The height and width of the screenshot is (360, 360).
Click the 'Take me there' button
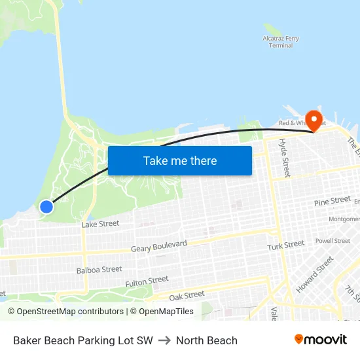click(x=180, y=160)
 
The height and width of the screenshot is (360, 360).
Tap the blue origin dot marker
click(x=46, y=207)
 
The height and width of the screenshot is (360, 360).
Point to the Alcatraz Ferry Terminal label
click(x=281, y=42)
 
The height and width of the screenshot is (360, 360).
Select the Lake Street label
click(x=100, y=224)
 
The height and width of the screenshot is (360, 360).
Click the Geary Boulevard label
click(x=158, y=246)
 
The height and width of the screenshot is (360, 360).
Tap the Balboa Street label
click(x=99, y=269)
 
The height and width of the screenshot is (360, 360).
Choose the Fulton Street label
click(x=147, y=282)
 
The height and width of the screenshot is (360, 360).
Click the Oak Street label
click(x=187, y=296)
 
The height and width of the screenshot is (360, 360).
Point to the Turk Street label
click(x=285, y=245)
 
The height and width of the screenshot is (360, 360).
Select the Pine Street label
click(x=332, y=201)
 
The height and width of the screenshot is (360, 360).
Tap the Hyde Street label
click(x=284, y=158)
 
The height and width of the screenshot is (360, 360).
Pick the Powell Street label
click(x=333, y=241)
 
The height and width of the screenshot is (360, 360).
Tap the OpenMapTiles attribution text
click(x=162, y=312)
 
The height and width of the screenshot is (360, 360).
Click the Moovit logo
click(x=321, y=340)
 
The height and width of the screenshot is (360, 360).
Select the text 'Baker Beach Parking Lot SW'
click(x=82, y=340)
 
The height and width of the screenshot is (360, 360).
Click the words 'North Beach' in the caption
click(x=206, y=340)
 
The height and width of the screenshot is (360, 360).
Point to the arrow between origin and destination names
click(x=164, y=340)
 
